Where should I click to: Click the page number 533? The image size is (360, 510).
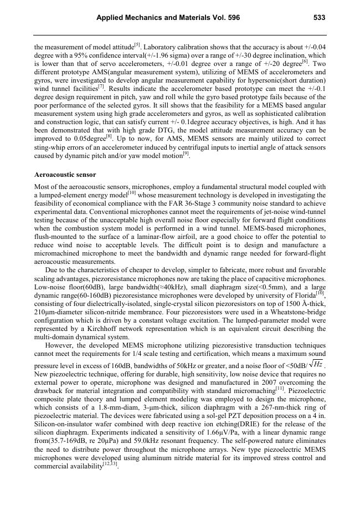click(319, 18)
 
